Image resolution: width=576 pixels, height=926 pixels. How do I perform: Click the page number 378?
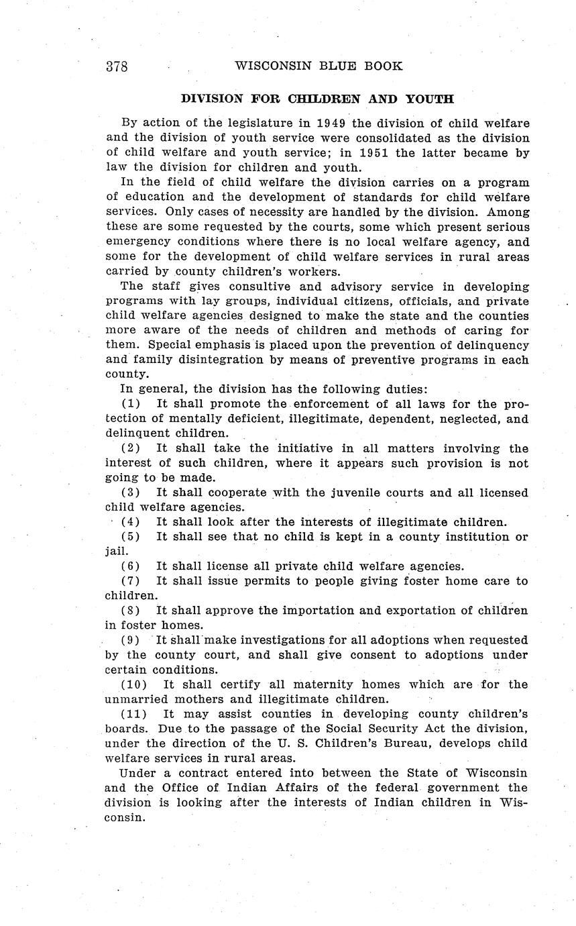click(x=117, y=66)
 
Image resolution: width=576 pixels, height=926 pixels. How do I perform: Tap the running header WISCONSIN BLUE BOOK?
click(x=319, y=66)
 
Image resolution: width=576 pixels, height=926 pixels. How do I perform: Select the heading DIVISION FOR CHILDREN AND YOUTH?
click(x=317, y=99)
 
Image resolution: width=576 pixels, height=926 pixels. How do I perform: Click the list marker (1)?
click(x=131, y=404)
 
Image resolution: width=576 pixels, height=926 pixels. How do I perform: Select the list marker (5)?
click(x=131, y=537)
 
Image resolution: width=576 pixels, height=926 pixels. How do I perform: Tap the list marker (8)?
click(x=131, y=611)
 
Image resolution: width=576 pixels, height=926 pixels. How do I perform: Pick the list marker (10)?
click(x=134, y=684)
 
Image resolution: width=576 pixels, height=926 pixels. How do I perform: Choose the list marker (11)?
click(x=134, y=714)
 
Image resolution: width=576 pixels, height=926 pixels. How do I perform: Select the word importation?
click(x=316, y=611)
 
